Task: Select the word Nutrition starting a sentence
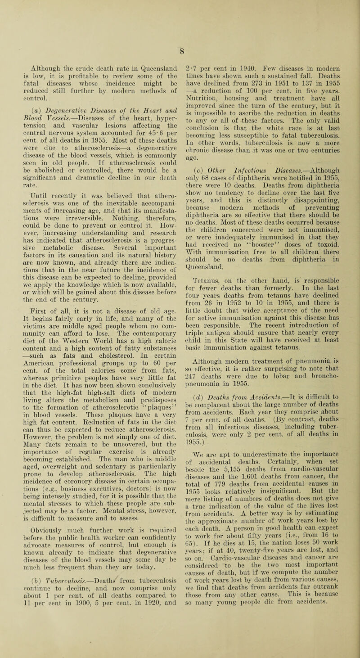pos(202,92)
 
